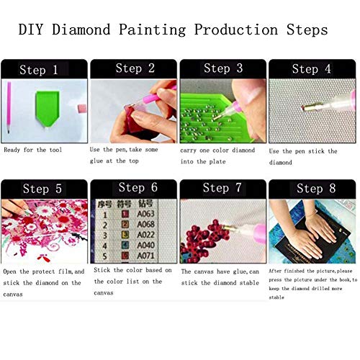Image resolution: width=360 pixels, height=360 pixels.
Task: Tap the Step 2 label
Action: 135,68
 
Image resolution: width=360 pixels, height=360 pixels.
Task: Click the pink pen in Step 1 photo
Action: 9,104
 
